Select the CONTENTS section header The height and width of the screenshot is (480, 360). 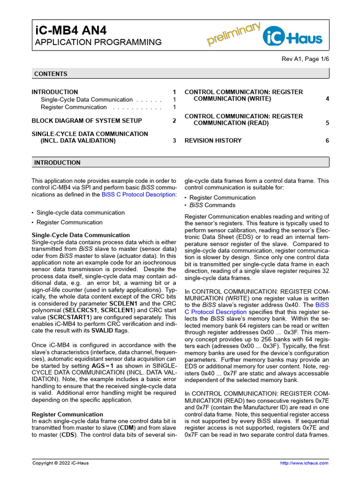click(x=51, y=74)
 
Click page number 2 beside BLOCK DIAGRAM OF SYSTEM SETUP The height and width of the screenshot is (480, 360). click(x=174, y=121)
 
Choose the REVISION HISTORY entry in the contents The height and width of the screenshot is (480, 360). click(x=213, y=141)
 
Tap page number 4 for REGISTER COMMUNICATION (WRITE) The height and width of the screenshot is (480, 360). click(x=327, y=99)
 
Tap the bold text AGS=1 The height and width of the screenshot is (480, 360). click(x=113, y=366)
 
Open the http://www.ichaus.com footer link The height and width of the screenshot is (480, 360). click(x=304, y=463)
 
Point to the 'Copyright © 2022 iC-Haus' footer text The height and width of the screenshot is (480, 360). click(x=60, y=463)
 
